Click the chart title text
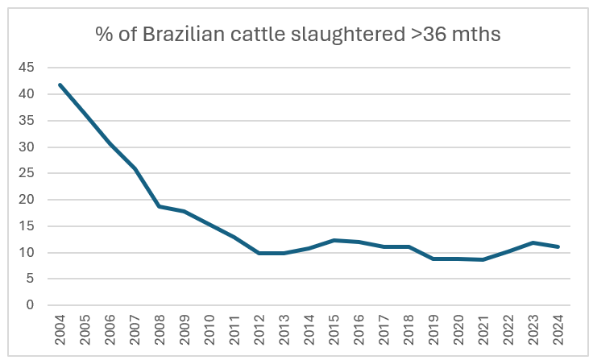[296, 35]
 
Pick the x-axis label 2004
[60, 331]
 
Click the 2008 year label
[160, 331]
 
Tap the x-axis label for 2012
[260, 331]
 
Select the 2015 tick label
[335, 331]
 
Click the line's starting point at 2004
[60, 85]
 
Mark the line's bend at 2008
[160, 206]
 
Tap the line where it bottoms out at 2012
[260, 253]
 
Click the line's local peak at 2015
[335, 240]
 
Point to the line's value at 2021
[484, 259]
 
